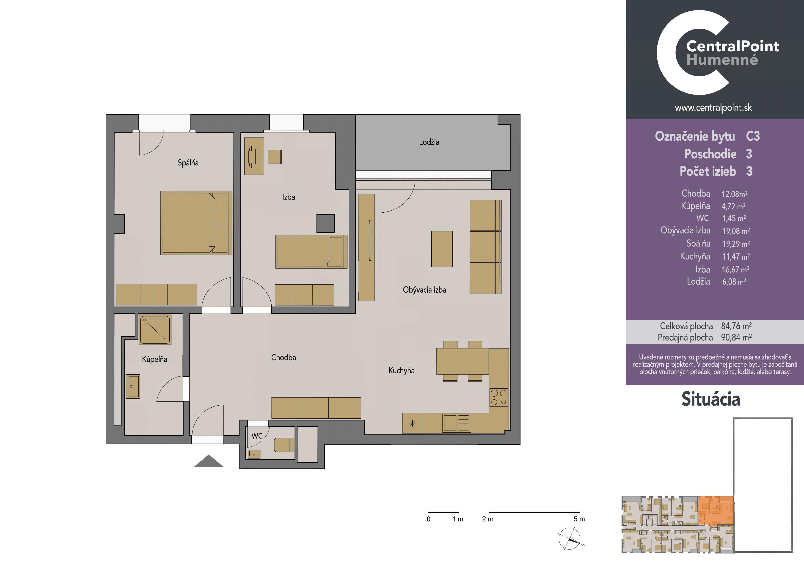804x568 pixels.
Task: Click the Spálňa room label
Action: [x=188, y=163]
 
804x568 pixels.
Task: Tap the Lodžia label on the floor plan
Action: [x=429, y=142]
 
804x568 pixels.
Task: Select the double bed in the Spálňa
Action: [x=196, y=222]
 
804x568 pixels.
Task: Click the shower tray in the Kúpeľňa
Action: [x=155, y=329]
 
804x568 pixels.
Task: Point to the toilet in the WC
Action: [x=284, y=445]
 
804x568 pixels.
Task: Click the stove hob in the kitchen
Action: [x=499, y=397]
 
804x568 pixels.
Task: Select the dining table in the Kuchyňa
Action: [x=462, y=361]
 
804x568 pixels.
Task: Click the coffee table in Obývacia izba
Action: [x=442, y=249]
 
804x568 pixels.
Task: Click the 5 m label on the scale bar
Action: [x=579, y=519]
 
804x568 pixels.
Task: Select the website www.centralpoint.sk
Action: [x=713, y=108]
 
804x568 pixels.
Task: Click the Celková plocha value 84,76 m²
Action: [x=736, y=326]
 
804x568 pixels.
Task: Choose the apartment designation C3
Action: [x=753, y=136]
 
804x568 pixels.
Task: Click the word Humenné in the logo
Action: [x=722, y=60]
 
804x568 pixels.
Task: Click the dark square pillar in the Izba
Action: [x=325, y=223]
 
